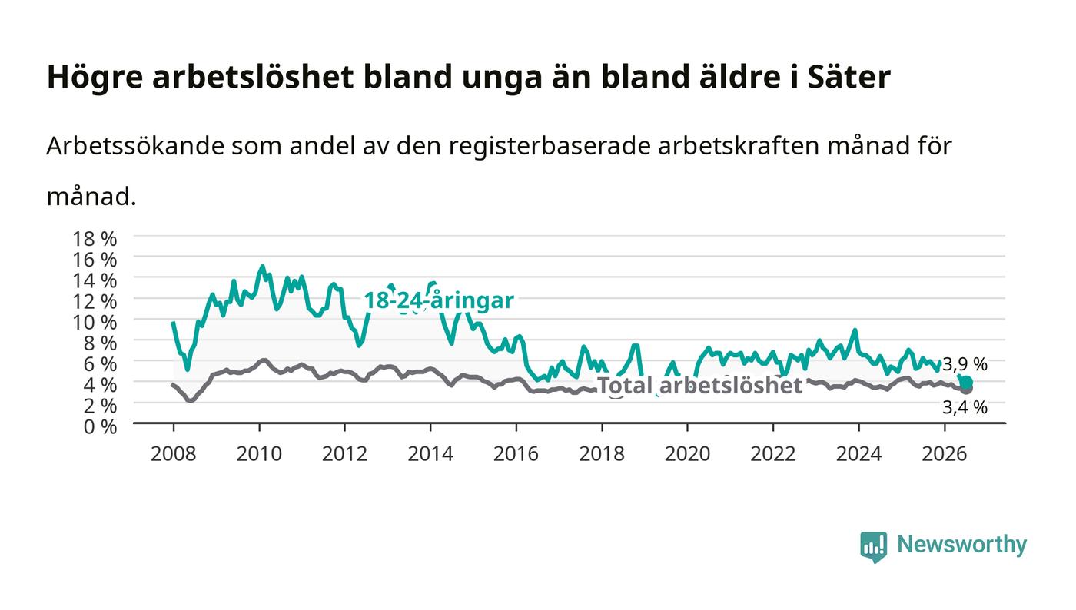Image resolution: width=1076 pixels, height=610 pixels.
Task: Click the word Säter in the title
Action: pos(849,76)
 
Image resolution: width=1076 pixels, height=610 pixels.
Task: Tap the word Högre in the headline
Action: pos(95,78)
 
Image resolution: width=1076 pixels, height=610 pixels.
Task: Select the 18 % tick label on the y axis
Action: pos(94,239)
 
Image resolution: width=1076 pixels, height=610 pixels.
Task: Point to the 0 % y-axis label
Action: pos(100,426)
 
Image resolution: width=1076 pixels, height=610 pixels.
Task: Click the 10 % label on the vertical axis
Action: pos(94,323)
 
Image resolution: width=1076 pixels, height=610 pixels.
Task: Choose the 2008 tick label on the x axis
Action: pos(174,454)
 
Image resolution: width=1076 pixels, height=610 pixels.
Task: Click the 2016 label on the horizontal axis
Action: pos(516,454)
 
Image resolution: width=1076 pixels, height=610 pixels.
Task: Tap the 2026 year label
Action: pos(945,454)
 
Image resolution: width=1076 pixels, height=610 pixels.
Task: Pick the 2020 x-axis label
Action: pos(687,454)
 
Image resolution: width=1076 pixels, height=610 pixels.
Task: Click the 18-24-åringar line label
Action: pos(439,300)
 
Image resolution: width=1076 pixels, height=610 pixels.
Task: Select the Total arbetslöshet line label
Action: pos(699,385)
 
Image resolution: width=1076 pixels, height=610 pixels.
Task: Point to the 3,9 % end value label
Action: pos(965,365)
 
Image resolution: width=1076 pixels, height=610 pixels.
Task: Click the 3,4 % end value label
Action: pos(965,407)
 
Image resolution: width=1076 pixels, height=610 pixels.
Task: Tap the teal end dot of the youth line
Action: pos(967,383)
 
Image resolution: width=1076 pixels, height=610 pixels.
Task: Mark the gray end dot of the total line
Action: pos(967,389)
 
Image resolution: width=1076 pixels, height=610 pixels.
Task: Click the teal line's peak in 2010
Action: pos(262,266)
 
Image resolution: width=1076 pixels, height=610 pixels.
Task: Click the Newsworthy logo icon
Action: pos(873,546)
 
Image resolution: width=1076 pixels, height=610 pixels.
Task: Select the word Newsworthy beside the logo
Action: pos(961,544)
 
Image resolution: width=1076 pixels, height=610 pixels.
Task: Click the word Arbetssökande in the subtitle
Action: pos(135,146)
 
